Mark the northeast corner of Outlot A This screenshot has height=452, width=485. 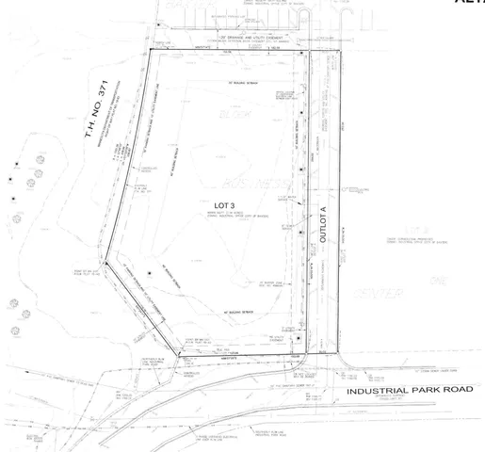(x=339, y=51)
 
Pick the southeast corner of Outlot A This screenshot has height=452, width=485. (x=339, y=356)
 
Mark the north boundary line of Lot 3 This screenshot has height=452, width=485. (x=226, y=53)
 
